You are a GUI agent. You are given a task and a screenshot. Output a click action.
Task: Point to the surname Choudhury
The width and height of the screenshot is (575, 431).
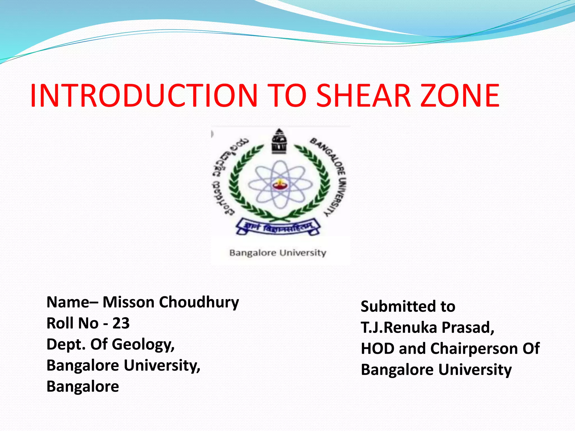[199, 303]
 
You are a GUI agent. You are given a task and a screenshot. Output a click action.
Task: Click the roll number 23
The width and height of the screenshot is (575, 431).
[121, 323]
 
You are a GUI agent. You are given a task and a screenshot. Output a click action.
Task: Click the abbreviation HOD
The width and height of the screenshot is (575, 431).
[377, 349]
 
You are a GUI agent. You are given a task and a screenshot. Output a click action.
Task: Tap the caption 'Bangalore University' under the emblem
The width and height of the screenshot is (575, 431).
[278, 253]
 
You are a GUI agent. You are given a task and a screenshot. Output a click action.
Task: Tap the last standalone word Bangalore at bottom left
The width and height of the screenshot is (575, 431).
[83, 386]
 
